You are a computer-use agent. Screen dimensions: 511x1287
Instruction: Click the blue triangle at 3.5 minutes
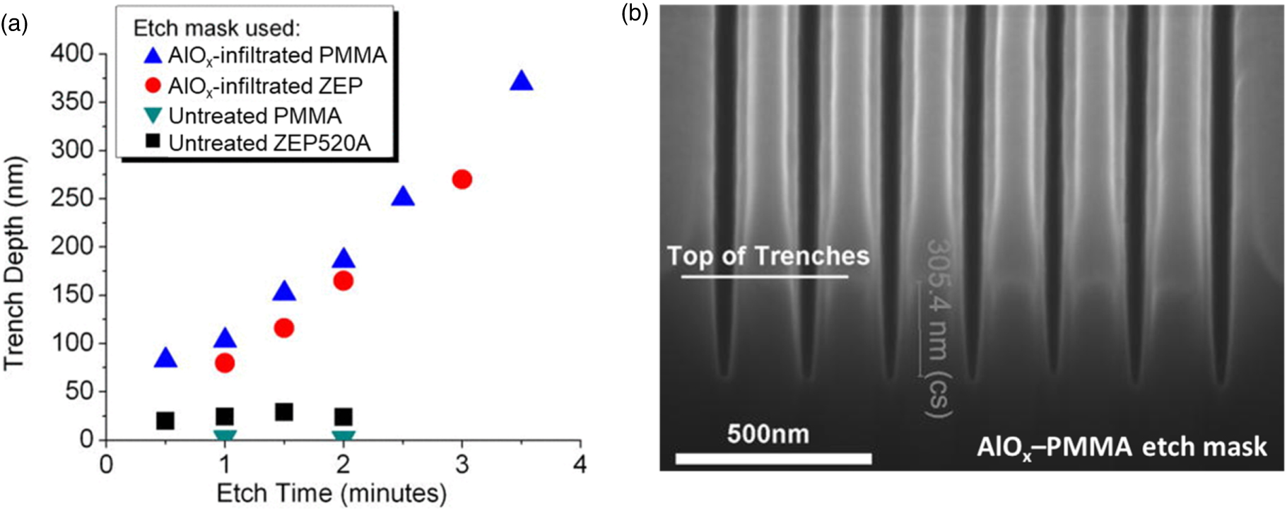[522, 82]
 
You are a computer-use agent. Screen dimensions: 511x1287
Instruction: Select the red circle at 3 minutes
[462, 180]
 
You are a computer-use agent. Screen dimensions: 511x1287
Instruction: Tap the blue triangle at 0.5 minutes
[165, 358]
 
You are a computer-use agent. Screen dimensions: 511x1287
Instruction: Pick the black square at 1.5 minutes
[284, 412]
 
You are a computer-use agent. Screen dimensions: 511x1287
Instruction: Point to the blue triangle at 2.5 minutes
[403, 197]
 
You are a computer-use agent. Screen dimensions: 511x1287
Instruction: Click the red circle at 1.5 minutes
[284, 328]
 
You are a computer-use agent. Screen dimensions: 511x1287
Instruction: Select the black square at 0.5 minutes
[165, 421]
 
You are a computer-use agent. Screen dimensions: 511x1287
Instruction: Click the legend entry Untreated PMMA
[254, 116]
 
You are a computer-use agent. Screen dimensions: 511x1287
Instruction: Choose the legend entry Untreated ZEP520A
[269, 143]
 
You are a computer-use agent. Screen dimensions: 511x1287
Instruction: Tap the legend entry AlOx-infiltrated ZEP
[264, 86]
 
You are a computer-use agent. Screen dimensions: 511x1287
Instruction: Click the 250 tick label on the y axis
[72, 198]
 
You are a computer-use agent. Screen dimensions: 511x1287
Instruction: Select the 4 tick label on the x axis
[580, 465]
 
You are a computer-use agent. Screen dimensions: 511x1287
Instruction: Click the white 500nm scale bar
[773, 459]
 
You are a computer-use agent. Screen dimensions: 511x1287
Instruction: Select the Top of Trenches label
[768, 256]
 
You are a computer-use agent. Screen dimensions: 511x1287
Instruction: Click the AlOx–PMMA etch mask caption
[1122, 447]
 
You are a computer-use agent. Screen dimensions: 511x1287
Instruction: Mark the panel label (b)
[634, 13]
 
